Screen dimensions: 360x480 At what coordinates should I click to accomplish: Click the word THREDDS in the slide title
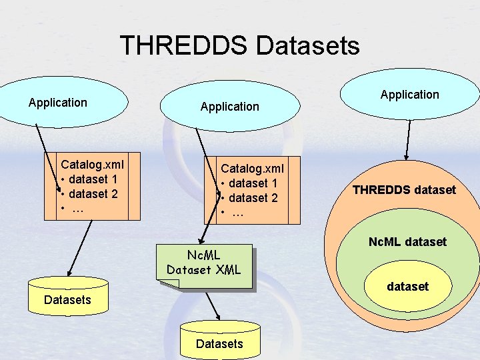[x=183, y=45]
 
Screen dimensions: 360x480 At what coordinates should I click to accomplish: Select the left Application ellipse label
[x=58, y=103]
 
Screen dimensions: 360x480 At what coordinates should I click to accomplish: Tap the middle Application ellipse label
[x=229, y=106]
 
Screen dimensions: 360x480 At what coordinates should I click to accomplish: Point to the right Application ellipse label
[x=409, y=95]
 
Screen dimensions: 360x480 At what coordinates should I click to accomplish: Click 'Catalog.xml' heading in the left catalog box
[x=92, y=164]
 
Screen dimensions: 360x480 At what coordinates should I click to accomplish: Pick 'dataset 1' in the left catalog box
[x=93, y=179]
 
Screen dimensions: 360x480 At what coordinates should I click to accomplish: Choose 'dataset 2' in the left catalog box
[x=93, y=194]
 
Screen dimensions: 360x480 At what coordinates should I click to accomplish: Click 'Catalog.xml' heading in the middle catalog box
[x=252, y=168]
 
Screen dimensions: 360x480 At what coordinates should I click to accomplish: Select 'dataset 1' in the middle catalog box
[x=253, y=183]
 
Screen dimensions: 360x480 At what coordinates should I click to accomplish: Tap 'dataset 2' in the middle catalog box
[x=253, y=198]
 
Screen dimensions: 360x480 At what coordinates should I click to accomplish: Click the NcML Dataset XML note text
[x=203, y=262]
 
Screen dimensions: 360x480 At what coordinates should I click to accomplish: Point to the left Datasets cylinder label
[x=67, y=299]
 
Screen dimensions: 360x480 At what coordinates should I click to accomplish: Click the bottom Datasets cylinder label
[x=219, y=343]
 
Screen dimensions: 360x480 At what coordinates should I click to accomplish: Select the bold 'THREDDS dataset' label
[x=404, y=190]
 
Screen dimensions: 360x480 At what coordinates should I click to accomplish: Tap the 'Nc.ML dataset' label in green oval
[x=407, y=241]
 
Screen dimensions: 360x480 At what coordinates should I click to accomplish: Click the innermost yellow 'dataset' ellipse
[x=407, y=287]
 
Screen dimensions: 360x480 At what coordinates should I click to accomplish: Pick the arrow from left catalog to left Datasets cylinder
[x=82, y=249]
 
